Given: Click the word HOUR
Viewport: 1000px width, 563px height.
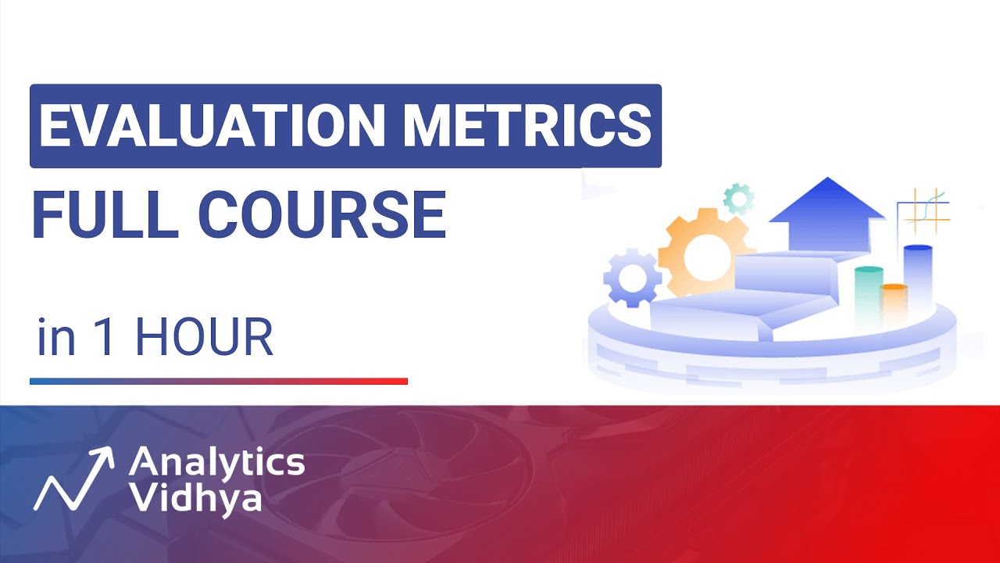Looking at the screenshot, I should click(x=204, y=338).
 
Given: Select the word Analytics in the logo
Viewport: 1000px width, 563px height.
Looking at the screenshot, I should click(x=216, y=462).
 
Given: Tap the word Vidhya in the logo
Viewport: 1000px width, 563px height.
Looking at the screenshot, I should click(x=195, y=497).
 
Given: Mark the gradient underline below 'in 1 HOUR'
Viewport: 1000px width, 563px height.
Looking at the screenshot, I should click(x=219, y=382).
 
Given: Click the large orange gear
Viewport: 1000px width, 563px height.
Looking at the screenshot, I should click(x=697, y=252).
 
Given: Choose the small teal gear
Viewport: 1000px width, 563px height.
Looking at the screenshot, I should click(x=737, y=199).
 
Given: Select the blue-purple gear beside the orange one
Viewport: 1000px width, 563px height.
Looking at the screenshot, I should click(x=631, y=277).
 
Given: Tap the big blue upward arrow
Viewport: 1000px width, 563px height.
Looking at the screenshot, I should click(x=827, y=211).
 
